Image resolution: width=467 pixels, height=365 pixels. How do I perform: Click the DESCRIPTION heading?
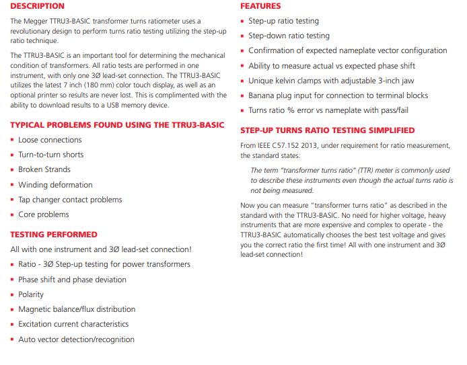coord(37,6)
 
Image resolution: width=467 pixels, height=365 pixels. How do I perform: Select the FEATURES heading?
coord(260,6)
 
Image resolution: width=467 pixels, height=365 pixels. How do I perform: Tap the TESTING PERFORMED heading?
coord(54,235)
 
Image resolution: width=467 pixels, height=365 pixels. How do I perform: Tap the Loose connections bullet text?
coord(50,140)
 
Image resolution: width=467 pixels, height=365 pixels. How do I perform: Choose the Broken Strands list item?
coord(44,169)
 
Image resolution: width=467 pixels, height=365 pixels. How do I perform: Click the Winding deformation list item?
coord(55,185)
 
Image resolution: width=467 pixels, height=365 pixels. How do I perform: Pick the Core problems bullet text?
coord(44,214)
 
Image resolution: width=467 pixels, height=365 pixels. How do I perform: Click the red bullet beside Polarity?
coord(12,295)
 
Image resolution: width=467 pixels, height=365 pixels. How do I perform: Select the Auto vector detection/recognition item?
coord(76,339)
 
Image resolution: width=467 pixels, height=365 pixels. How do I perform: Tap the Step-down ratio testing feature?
coord(289,36)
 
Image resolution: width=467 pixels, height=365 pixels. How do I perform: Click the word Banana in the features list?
coord(262,95)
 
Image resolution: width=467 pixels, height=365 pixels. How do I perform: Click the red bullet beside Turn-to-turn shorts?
coord(12,155)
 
